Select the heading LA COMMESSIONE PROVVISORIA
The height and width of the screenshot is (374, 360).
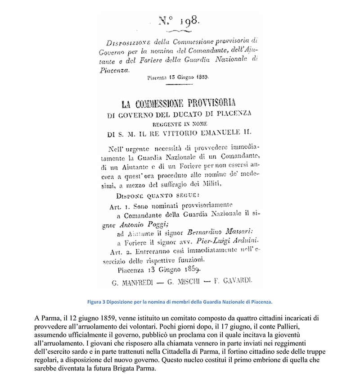[x=179, y=103]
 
